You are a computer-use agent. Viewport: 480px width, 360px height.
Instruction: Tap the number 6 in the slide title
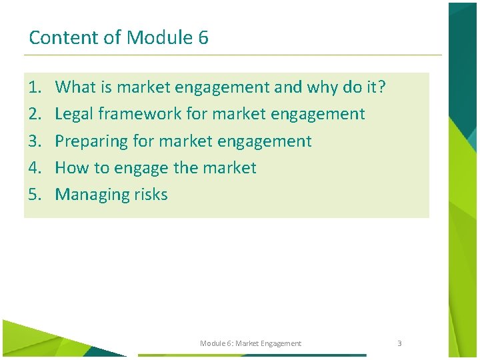tap(203, 37)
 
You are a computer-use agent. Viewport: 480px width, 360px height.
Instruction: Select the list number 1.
tap(35, 87)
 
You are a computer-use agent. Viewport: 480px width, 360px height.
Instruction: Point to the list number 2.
tap(35, 114)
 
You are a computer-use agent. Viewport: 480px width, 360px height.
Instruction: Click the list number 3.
tap(35, 141)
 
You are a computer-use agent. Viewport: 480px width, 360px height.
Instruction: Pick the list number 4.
tap(35, 168)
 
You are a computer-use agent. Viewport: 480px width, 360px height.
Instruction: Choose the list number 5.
tap(35, 195)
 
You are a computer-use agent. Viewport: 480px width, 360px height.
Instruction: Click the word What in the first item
tap(75, 87)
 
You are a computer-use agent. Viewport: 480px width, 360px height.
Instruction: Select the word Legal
tap(74, 114)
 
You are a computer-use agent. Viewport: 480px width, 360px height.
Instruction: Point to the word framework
tap(140, 114)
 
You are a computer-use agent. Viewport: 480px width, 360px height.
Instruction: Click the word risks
tap(151, 195)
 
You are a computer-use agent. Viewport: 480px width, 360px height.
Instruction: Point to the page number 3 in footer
tap(399, 343)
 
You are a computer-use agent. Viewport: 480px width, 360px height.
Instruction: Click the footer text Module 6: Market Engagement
tap(251, 343)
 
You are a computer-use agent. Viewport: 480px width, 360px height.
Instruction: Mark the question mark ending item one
tap(382, 87)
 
